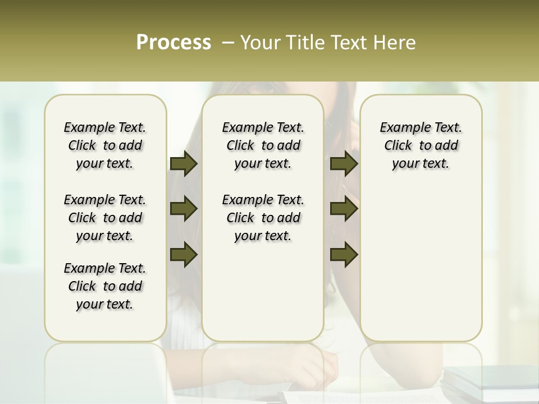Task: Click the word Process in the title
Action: (173, 42)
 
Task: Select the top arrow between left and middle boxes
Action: (184, 163)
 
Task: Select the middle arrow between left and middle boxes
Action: (184, 209)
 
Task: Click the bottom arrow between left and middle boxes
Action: (184, 254)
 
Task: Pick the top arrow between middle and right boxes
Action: (344, 163)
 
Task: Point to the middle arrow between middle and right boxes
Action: (344, 209)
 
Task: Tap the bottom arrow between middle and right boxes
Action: (344, 254)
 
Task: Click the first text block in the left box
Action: (105, 145)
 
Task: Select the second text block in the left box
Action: (105, 218)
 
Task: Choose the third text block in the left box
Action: (105, 286)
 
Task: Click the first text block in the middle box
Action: (263, 145)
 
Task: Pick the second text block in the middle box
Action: (263, 218)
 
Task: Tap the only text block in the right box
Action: (421, 145)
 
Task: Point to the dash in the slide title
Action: (228, 42)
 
